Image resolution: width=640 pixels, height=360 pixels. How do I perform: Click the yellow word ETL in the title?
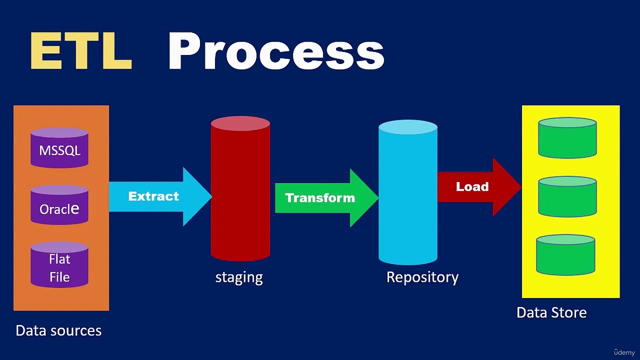(81, 51)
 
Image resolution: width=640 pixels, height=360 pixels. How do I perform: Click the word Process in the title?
(275, 51)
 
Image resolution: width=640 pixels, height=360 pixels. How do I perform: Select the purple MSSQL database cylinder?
(59, 148)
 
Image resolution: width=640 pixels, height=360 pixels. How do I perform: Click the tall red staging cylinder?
(240, 200)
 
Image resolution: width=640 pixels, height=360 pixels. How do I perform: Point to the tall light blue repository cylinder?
(408, 200)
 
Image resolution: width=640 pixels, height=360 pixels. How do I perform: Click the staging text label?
(239, 277)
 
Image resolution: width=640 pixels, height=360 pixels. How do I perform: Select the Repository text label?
(422, 277)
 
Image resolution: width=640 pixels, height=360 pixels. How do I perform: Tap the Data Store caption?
(551, 312)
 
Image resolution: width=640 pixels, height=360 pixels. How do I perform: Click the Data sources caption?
(58, 330)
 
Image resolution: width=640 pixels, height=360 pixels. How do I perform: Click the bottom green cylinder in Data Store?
(565, 255)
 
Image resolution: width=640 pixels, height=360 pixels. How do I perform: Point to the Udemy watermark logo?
(624, 352)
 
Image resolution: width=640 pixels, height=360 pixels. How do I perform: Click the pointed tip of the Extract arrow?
(209, 196)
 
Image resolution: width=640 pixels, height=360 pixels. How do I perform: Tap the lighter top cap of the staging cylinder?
(240, 123)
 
